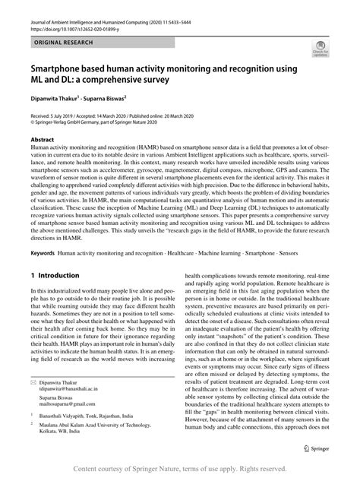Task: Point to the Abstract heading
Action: [43, 140]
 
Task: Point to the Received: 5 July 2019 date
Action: [57, 113]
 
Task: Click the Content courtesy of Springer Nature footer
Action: [179, 468]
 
